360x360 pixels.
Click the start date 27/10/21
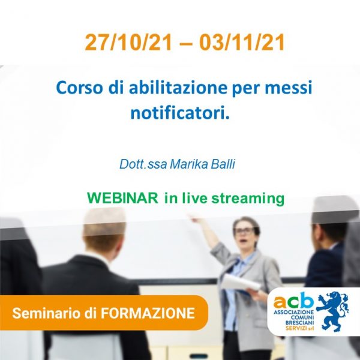[x=128, y=43]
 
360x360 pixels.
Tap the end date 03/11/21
[x=242, y=43]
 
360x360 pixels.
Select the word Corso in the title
[x=79, y=88]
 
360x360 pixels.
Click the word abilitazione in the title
[x=178, y=88]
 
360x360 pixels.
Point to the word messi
[x=289, y=88]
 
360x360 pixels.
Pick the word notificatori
[x=180, y=113]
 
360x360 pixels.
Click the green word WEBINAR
[x=122, y=197]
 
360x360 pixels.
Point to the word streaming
[x=248, y=199]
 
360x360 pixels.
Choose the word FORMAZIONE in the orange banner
[x=148, y=313]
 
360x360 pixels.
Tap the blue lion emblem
[x=332, y=311]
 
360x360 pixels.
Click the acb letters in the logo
[x=293, y=301]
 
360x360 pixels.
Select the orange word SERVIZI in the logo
[x=296, y=328]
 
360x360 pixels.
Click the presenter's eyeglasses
[x=244, y=230]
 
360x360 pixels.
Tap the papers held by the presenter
[x=241, y=283]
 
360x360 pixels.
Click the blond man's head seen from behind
[x=104, y=232]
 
